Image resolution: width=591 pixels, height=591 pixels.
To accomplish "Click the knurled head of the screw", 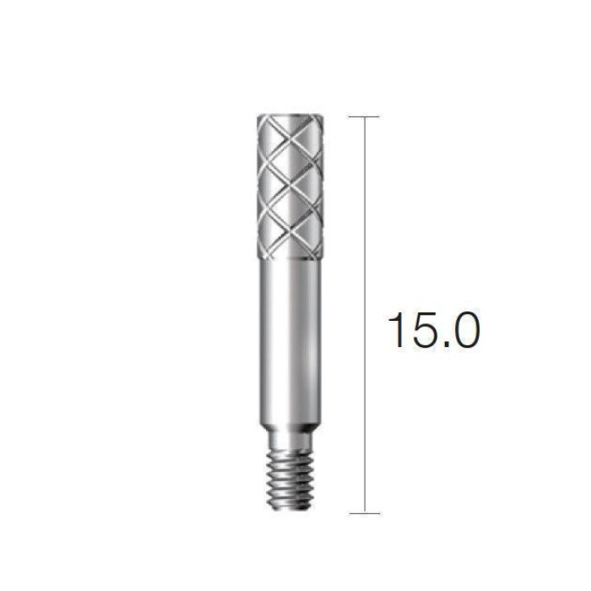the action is click(x=290, y=187).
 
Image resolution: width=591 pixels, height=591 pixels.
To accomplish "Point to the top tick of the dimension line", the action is click(x=364, y=117).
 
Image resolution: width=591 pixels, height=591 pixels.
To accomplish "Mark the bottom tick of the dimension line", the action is click(x=365, y=513).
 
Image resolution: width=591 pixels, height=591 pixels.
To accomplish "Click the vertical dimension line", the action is click(x=365, y=315).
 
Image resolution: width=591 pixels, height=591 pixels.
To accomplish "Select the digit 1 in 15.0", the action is click(x=398, y=330).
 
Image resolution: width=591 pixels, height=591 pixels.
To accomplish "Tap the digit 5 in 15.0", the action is click(x=423, y=331).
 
